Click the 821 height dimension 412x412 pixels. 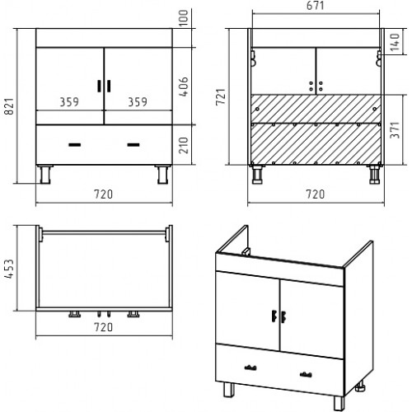[9, 106]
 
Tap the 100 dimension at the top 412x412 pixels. [184, 18]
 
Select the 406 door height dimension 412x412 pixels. [184, 87]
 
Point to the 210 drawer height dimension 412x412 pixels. [184, 145]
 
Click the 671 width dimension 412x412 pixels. [316, 6]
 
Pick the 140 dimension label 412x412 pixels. [395, 42]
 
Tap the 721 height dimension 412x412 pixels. [221, 96]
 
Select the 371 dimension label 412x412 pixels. [395, 130]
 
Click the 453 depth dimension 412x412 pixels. [9, 269]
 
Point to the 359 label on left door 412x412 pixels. [69, 102]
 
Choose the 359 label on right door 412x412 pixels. [138, 102]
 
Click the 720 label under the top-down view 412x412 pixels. [104, 327]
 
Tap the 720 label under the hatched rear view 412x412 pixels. [316, 194]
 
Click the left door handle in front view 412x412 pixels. [100, 86]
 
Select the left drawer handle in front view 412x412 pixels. [74, 145]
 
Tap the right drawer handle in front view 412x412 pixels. [133, 145]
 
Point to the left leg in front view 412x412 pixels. [45, 175]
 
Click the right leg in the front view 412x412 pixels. [162, 175]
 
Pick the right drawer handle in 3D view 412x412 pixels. [306, 374]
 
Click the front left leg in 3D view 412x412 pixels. [229, 390]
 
